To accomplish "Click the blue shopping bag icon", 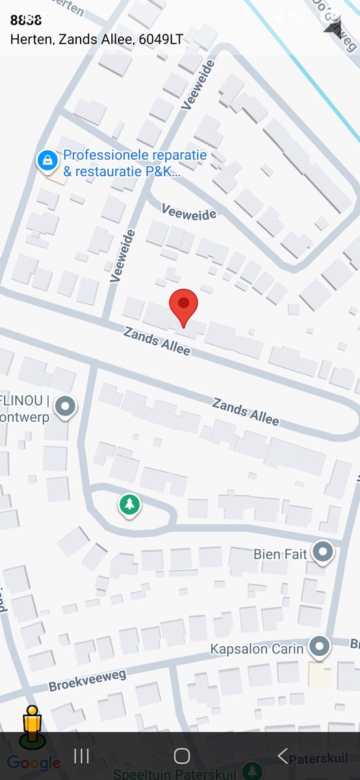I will coord(46,160).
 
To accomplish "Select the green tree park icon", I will coord(130,504).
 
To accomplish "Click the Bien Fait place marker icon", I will coord(322,552).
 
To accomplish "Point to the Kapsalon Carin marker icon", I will coord(318,646).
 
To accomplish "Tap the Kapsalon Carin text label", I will coord(257,649).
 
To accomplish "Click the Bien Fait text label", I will coord(280,554).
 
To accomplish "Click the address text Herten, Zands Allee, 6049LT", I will coord(97,40).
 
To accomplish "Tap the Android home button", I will coord(182,755).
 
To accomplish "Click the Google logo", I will coord(34,763).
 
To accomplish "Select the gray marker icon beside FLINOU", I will coord(64,407).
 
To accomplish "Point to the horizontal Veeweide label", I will coord(188,213).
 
